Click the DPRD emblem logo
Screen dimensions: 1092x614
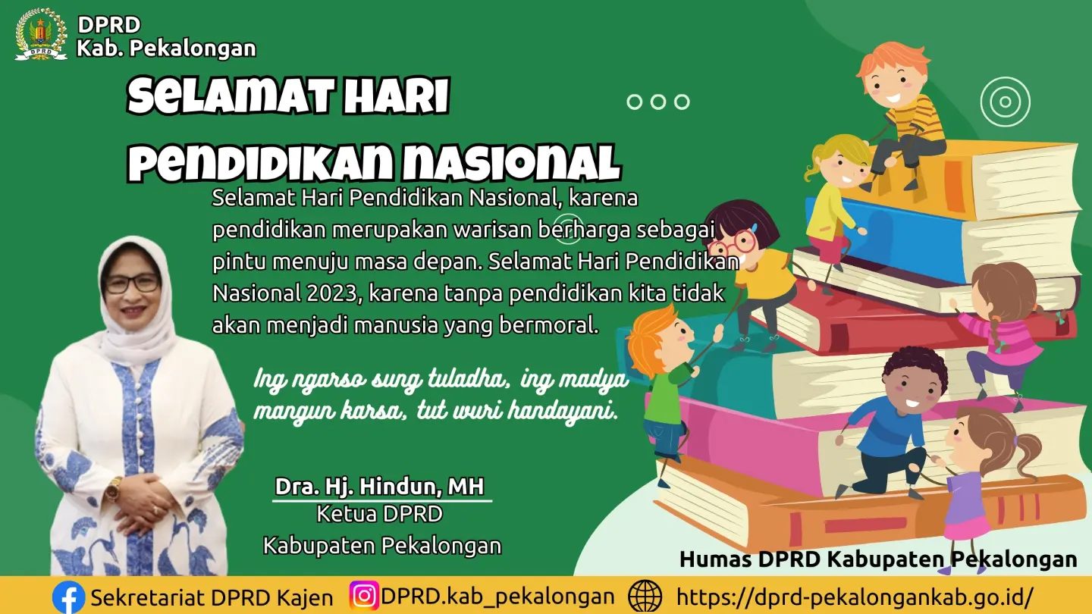(x=42, y=34)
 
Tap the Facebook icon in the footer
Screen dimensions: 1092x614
(x=68, y=597)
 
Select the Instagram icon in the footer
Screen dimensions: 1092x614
(x=364, y=596)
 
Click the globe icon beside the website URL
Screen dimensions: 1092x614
(x=645, y=597)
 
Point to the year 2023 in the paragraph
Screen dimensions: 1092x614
(x=334, y=293)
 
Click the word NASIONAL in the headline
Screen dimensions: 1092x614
(x=512, y=161)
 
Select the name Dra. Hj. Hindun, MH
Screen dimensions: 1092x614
(x=380, y=487)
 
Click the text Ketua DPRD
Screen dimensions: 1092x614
(x=380, y=514)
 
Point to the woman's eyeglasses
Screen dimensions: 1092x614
(x=132, y=284)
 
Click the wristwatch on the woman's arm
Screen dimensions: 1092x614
(x=113, y=489)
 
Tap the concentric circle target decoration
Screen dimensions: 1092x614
(x=1006, y=102)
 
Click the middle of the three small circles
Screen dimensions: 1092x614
(x=658, y=102)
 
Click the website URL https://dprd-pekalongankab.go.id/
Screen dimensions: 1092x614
(x=854, y=597)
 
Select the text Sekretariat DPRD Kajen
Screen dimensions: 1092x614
(x=212, y=598)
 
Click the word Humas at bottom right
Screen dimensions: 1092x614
(x=715, y=559)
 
